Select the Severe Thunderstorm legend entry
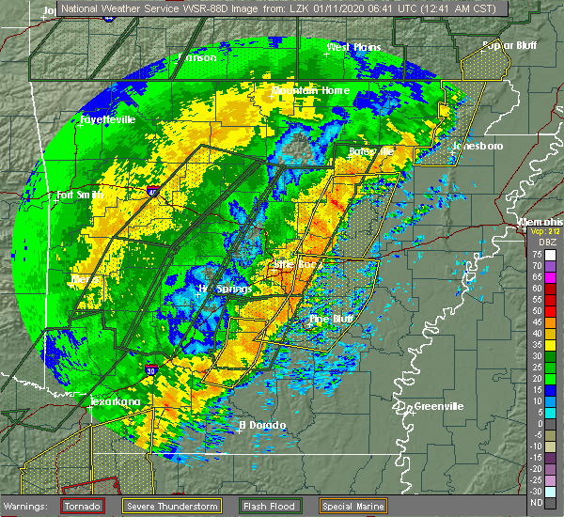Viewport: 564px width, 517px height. click(173, 507)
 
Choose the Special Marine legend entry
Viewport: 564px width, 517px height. click(352, 507)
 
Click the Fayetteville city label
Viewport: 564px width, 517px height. click(107, 120)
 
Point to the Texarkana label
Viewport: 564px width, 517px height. click(115, 401)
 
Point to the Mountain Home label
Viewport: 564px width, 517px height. click(310, 90)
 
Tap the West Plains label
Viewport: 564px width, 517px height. click(352, 47)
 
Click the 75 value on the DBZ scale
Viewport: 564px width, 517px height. click(536, 255)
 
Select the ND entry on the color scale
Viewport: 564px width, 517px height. click(536, 502)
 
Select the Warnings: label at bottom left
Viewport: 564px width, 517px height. click(29, 507)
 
